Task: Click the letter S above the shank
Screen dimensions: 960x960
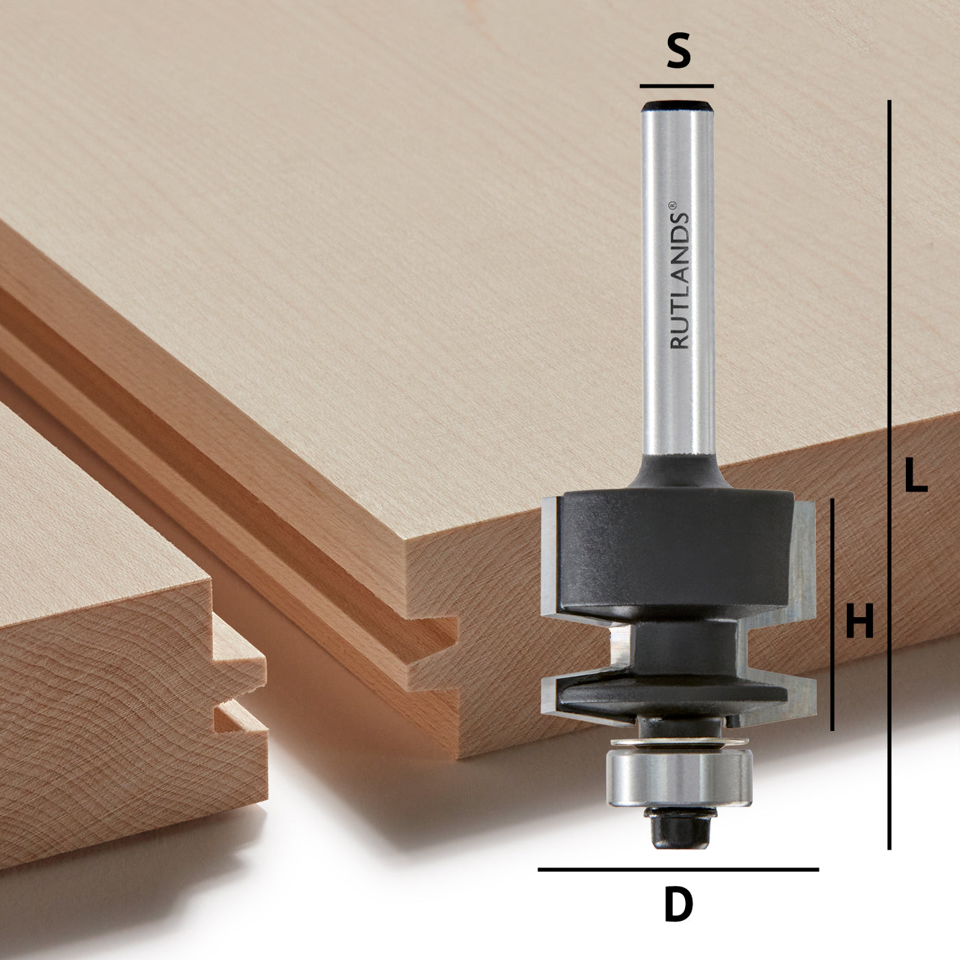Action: (x=678, y=53)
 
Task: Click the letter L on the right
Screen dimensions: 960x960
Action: (x=915, y=475)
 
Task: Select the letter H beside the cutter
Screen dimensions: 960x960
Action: (x=859, y=622)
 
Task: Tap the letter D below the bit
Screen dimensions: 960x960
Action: (x=678, y=905)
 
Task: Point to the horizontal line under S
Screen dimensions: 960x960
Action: (x=677, y=86)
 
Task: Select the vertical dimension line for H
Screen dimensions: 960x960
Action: (x=832, y=614)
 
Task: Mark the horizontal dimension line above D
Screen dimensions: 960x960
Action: (x=677, y=869)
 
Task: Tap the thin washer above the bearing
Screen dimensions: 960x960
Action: (x=678, y=743)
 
